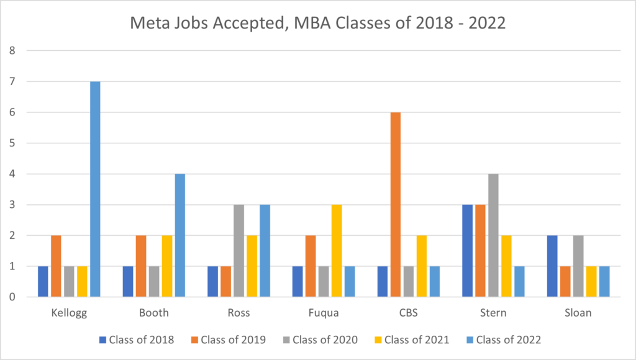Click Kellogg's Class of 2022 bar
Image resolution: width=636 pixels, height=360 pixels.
pyautogui.click(x=95, y=189)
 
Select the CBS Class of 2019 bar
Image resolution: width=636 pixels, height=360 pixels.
pyautogui.click(x=395, y=205)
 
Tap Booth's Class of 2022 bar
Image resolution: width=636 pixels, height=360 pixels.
pyautogui.click(x=180, y=235)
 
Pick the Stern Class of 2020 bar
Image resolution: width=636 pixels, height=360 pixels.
pyautogui.click(x=493, y=235)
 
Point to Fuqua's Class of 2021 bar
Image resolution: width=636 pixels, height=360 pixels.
pyautogui.click(x=336, y=251)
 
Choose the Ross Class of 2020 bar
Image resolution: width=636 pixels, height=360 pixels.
pyautogui.click(x=238, y=251)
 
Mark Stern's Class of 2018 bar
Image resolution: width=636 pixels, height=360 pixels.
pyautogui.click(x=467, y=251)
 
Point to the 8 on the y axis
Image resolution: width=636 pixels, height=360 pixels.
pyautogui.click(x=12, y=51)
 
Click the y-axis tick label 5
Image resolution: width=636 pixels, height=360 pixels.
pyautogui.click(x=12, y=143)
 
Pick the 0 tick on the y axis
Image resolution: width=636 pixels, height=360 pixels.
pyautogui.click(x=12, y=297)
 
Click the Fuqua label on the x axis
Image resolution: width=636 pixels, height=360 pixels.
pyautogui.click(x=323, y=313)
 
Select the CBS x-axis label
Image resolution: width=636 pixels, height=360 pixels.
pyautogui.click(x=408, y=313)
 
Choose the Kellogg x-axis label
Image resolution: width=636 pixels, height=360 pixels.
pyautogui.click(x=68, y=313)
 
